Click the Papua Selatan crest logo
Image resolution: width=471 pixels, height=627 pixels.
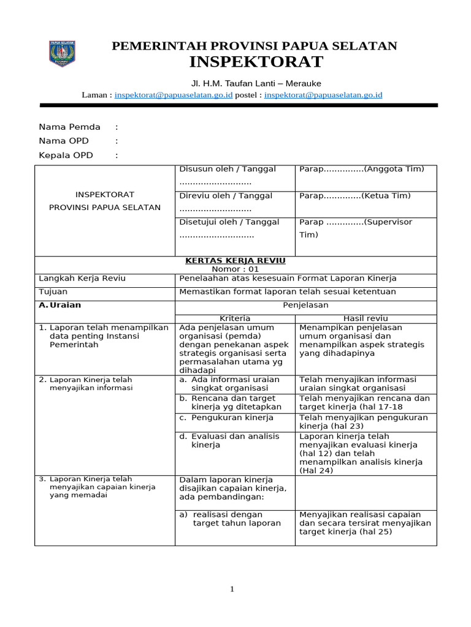(61, 53)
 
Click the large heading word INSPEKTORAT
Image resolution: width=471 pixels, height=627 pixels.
(256, 62)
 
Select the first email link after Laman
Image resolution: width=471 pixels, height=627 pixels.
(174, 95)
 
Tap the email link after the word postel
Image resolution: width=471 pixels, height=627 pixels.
(323, 95)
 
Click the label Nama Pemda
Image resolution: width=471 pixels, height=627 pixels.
(69, 127)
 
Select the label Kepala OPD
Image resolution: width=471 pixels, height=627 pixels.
(66, 155)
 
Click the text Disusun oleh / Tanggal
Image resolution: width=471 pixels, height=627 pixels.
(228, 169)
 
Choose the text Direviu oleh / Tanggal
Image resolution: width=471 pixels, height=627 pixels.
(226, 196)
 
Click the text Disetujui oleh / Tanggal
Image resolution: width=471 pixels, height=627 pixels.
(229, 222)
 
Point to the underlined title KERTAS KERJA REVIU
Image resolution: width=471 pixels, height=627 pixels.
(235, 260)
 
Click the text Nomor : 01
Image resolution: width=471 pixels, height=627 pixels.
(235, 269)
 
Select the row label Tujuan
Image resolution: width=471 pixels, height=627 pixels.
(53, 291)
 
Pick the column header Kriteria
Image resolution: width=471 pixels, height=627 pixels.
(235, 318)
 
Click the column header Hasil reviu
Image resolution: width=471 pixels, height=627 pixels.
(366, 318)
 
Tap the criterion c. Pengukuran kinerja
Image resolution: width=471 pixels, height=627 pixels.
(226, 418)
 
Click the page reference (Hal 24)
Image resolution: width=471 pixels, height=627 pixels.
(316, 470)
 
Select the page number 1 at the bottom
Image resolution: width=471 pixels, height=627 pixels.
(232, 589)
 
